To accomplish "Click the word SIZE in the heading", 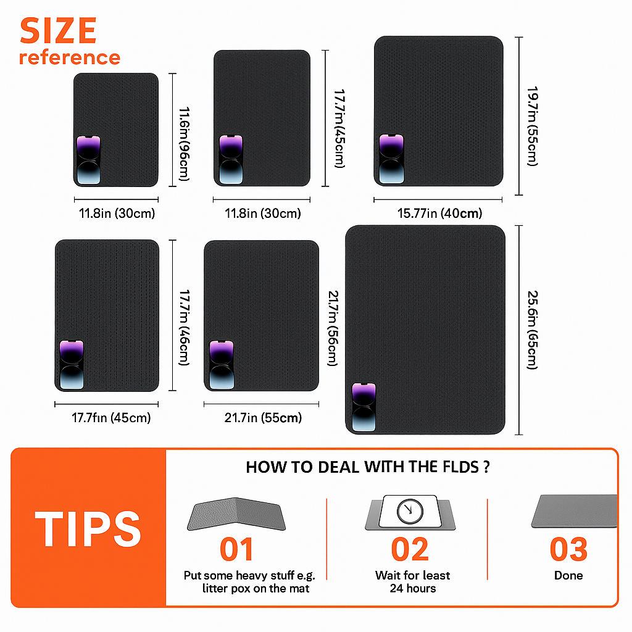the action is [x=58, y=31].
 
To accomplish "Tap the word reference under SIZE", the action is [x=70, y=57].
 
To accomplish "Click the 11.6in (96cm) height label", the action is [x=184, y=144].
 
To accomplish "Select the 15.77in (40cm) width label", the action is [x=439, y=213].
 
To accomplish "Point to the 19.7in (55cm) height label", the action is [x=533, y=126].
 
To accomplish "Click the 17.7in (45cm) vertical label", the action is [x=340, y=128].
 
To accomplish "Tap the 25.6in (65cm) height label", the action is [x=533, y=330].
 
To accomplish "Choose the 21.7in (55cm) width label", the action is [x=263, y=418].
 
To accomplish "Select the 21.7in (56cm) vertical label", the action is [x=333, y=328].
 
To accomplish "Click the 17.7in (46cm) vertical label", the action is [x=184, y=327].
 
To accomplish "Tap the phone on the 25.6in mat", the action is [x=364, y=407].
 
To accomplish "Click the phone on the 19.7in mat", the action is [x=391, y=159].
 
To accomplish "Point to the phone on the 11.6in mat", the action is [x=89, y=160].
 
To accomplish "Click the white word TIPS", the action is [x=88, y=529].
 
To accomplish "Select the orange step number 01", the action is [x=236, y=549].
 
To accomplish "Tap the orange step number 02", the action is [x=410, y=549].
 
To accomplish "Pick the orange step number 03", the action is [x=568, y=549].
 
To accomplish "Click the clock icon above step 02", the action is [x=410, y=512].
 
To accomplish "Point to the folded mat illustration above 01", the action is [x=236, y=514].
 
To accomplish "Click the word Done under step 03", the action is [x=568, y=575].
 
